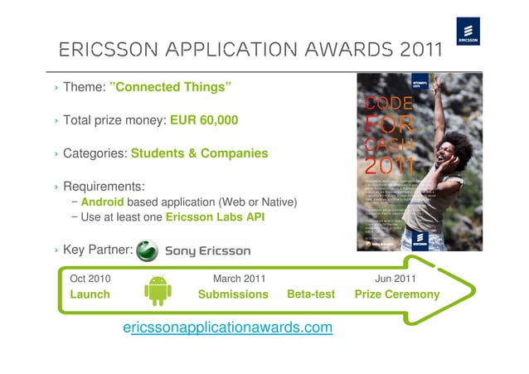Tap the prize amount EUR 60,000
[x=204, y=120]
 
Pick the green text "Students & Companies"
[x=199, y=153]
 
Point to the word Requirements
[x=104, y=186]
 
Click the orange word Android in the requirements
[x=103, y=202]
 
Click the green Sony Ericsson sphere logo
[x=147, y=250]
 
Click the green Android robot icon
[x=157, y=289]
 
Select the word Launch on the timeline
[x=90, y=294]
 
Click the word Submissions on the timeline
[x=233, y=294]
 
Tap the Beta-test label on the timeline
[x=311, y=294]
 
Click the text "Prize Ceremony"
[x=397, y=294]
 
